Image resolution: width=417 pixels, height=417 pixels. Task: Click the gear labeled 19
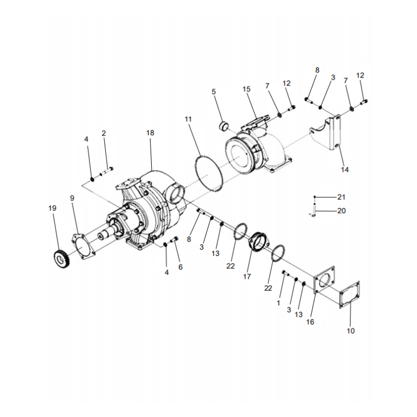coord(63,259)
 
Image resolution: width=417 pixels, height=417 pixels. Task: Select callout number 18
coord(150,133)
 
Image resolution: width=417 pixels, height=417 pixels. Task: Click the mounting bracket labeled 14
coord(327,134)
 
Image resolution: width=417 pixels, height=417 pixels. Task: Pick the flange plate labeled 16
coord(324,281)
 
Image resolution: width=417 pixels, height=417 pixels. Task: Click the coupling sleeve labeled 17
coord(259,243)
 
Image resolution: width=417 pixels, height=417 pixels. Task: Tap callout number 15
coord(247,89)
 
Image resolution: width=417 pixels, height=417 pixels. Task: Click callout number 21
coord(341,197)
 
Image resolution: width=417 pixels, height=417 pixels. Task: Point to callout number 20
coord(341,211)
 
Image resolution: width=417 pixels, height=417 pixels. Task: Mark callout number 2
coord(104,133)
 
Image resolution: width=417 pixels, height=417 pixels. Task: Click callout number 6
coord(180,267)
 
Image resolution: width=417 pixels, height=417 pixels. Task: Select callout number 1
coord(279,302)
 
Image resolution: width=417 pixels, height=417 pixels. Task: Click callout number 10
coord(350,330)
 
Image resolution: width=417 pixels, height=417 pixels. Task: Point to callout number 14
coord(345,170)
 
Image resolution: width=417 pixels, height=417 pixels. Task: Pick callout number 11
coord(188,119)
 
